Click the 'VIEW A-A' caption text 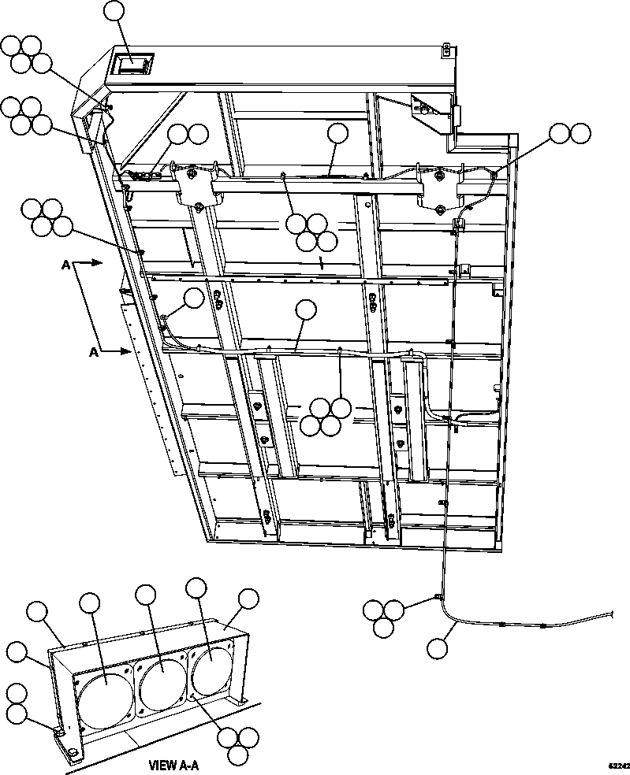173,765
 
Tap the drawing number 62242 617,765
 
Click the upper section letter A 65,266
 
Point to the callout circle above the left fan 90,604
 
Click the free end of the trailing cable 612,614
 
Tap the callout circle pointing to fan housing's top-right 249,599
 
